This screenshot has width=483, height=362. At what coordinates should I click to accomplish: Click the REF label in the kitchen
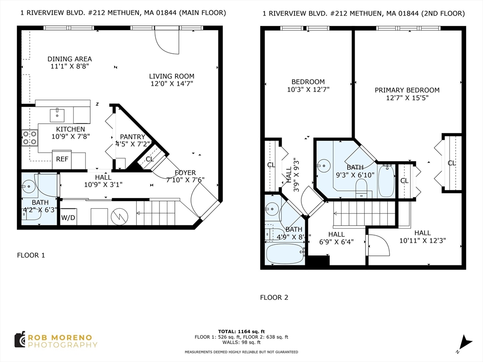(62, 159)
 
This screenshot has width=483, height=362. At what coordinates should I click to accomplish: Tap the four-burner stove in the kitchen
(30, 138)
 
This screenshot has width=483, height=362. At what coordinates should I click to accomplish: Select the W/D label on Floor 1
(68, 218)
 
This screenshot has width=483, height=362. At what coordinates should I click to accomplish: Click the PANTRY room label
(133, 137)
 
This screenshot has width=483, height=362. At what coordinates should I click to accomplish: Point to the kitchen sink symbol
(57, 115)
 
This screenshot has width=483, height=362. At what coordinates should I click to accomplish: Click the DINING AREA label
(70, 59)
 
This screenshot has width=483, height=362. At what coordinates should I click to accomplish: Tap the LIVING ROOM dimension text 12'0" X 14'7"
(172, 84)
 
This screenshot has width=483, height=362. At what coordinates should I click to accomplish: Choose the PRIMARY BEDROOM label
(407, 90)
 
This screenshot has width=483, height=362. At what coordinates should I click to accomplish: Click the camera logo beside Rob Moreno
(20, 340)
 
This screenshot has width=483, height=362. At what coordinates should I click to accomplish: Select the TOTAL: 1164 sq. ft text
(241, 331)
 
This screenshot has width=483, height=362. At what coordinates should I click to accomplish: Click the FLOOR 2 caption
(274, 297)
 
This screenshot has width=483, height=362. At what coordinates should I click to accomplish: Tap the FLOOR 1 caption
(31, 255)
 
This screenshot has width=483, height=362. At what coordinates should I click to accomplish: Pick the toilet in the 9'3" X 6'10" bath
(361, 188)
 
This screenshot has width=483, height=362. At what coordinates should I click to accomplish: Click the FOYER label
(185, 173)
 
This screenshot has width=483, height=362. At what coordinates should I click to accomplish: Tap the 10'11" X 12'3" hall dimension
(423, 241)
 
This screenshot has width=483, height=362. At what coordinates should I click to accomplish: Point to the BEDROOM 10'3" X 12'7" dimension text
(308, 90)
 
